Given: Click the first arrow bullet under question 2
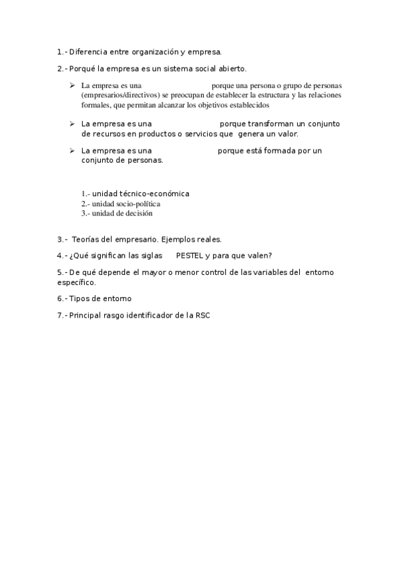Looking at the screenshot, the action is pos(72,85).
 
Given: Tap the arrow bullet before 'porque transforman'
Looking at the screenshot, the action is pos(72,123).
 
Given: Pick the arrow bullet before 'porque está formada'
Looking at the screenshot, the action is pos(72,151).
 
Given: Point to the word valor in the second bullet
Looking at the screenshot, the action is pos(285,133).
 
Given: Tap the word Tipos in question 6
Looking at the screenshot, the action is pos(80,298).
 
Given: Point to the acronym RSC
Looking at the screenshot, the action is pos(202,315).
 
